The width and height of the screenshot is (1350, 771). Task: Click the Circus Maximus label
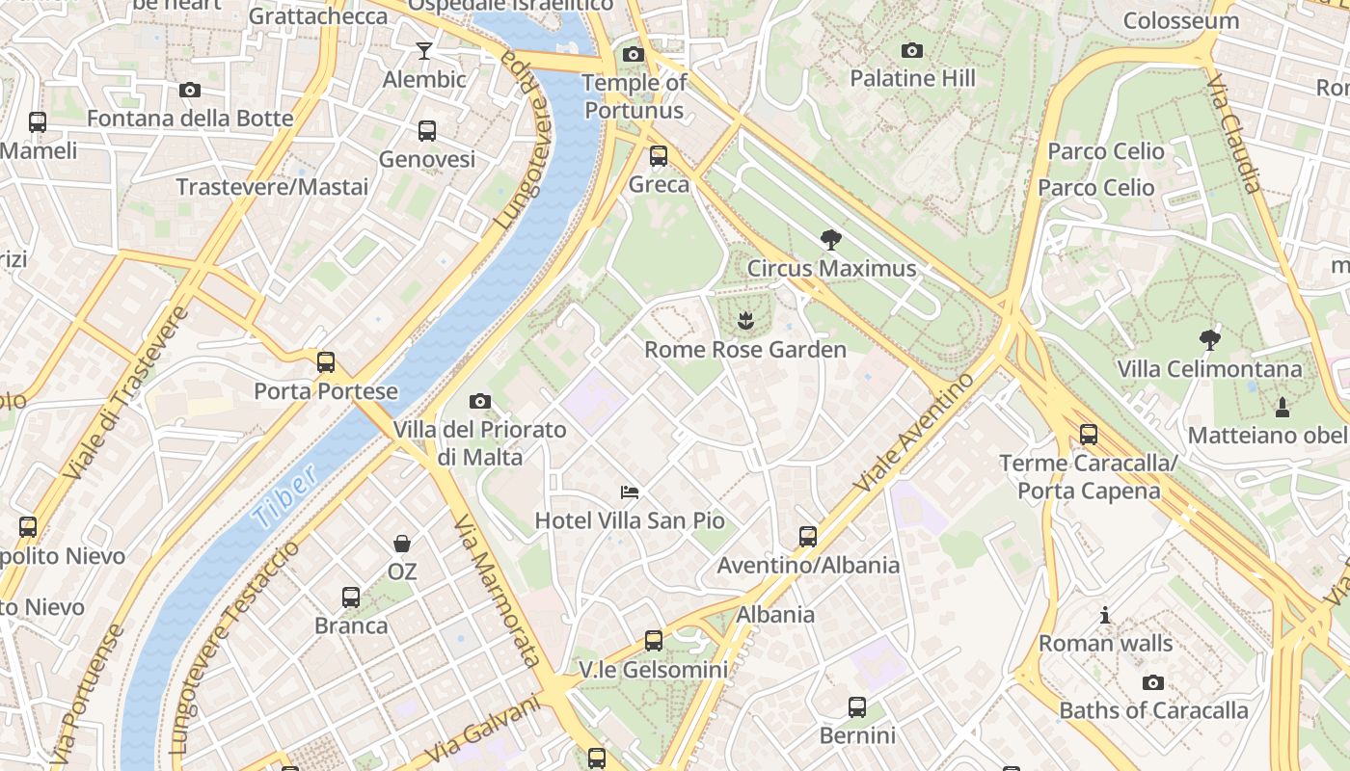click(831, 268)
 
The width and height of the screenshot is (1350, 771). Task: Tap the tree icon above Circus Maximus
click(830, 240)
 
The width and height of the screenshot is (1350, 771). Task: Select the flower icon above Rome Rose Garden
click(745, 321)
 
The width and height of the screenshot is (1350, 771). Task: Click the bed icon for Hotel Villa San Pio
click(630, 492)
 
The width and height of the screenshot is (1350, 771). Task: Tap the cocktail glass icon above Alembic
click(424, 51)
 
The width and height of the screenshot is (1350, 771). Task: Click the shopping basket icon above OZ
click(402, 545)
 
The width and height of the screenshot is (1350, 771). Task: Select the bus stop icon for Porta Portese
click(326, 363)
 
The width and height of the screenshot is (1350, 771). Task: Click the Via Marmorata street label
click(497, 591)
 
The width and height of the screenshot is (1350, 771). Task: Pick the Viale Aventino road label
click(915, 431)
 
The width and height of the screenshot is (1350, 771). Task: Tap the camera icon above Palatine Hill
click(912, 50)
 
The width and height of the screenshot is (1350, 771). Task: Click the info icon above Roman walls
click(1105, 615)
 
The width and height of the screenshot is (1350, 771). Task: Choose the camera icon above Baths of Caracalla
click(1153, 682)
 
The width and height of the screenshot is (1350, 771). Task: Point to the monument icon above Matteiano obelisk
click(1282, 408)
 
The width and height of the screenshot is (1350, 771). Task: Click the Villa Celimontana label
click(1209, 368)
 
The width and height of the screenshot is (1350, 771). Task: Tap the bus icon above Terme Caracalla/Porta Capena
click(1089, 435)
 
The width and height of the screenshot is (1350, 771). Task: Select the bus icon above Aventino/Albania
click(808, 537)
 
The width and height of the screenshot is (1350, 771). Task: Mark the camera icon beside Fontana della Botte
click(190, 91)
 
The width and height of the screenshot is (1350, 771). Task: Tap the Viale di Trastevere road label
click(126, 393)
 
